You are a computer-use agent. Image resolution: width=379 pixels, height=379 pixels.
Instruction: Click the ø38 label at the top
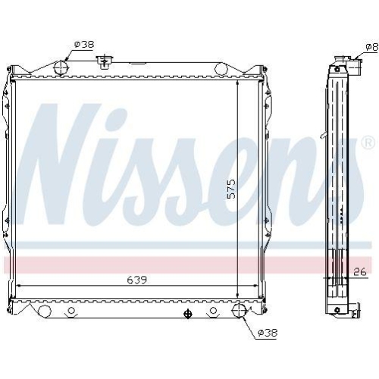83,45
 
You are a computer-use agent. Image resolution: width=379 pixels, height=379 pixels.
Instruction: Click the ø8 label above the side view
371,47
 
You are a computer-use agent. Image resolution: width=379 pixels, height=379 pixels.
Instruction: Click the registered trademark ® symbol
368,143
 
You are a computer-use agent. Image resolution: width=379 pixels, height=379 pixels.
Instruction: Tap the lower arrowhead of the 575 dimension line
238,294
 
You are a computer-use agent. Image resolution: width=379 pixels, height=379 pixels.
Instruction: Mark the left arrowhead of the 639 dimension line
19,285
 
